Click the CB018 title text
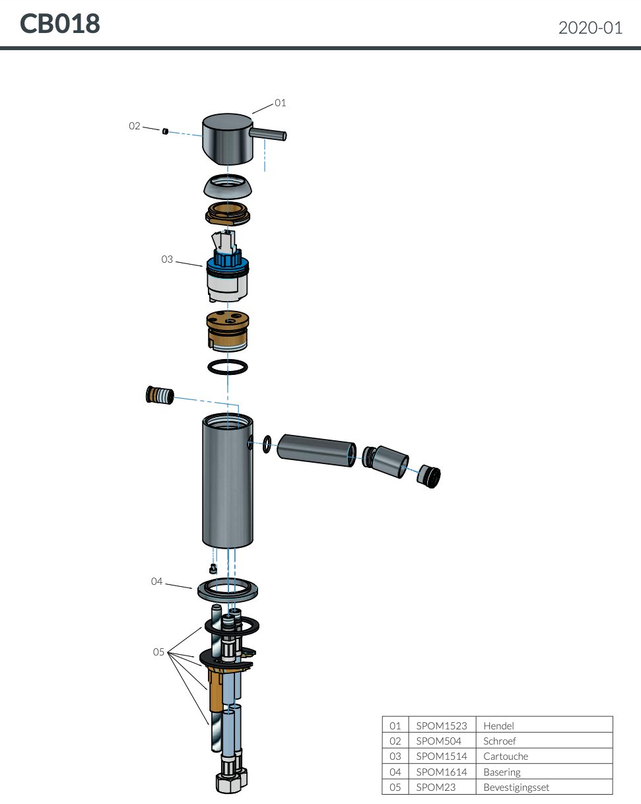60,24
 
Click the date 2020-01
590,28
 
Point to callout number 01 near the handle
281,103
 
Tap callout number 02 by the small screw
135,125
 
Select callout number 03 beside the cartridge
167,259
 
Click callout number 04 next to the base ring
156,582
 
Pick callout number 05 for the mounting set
158,652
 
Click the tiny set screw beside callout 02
164,131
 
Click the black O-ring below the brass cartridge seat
228,367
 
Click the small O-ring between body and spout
266,444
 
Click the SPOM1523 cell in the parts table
441,725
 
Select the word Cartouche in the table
506,756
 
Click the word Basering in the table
502,772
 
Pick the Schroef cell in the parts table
500,741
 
